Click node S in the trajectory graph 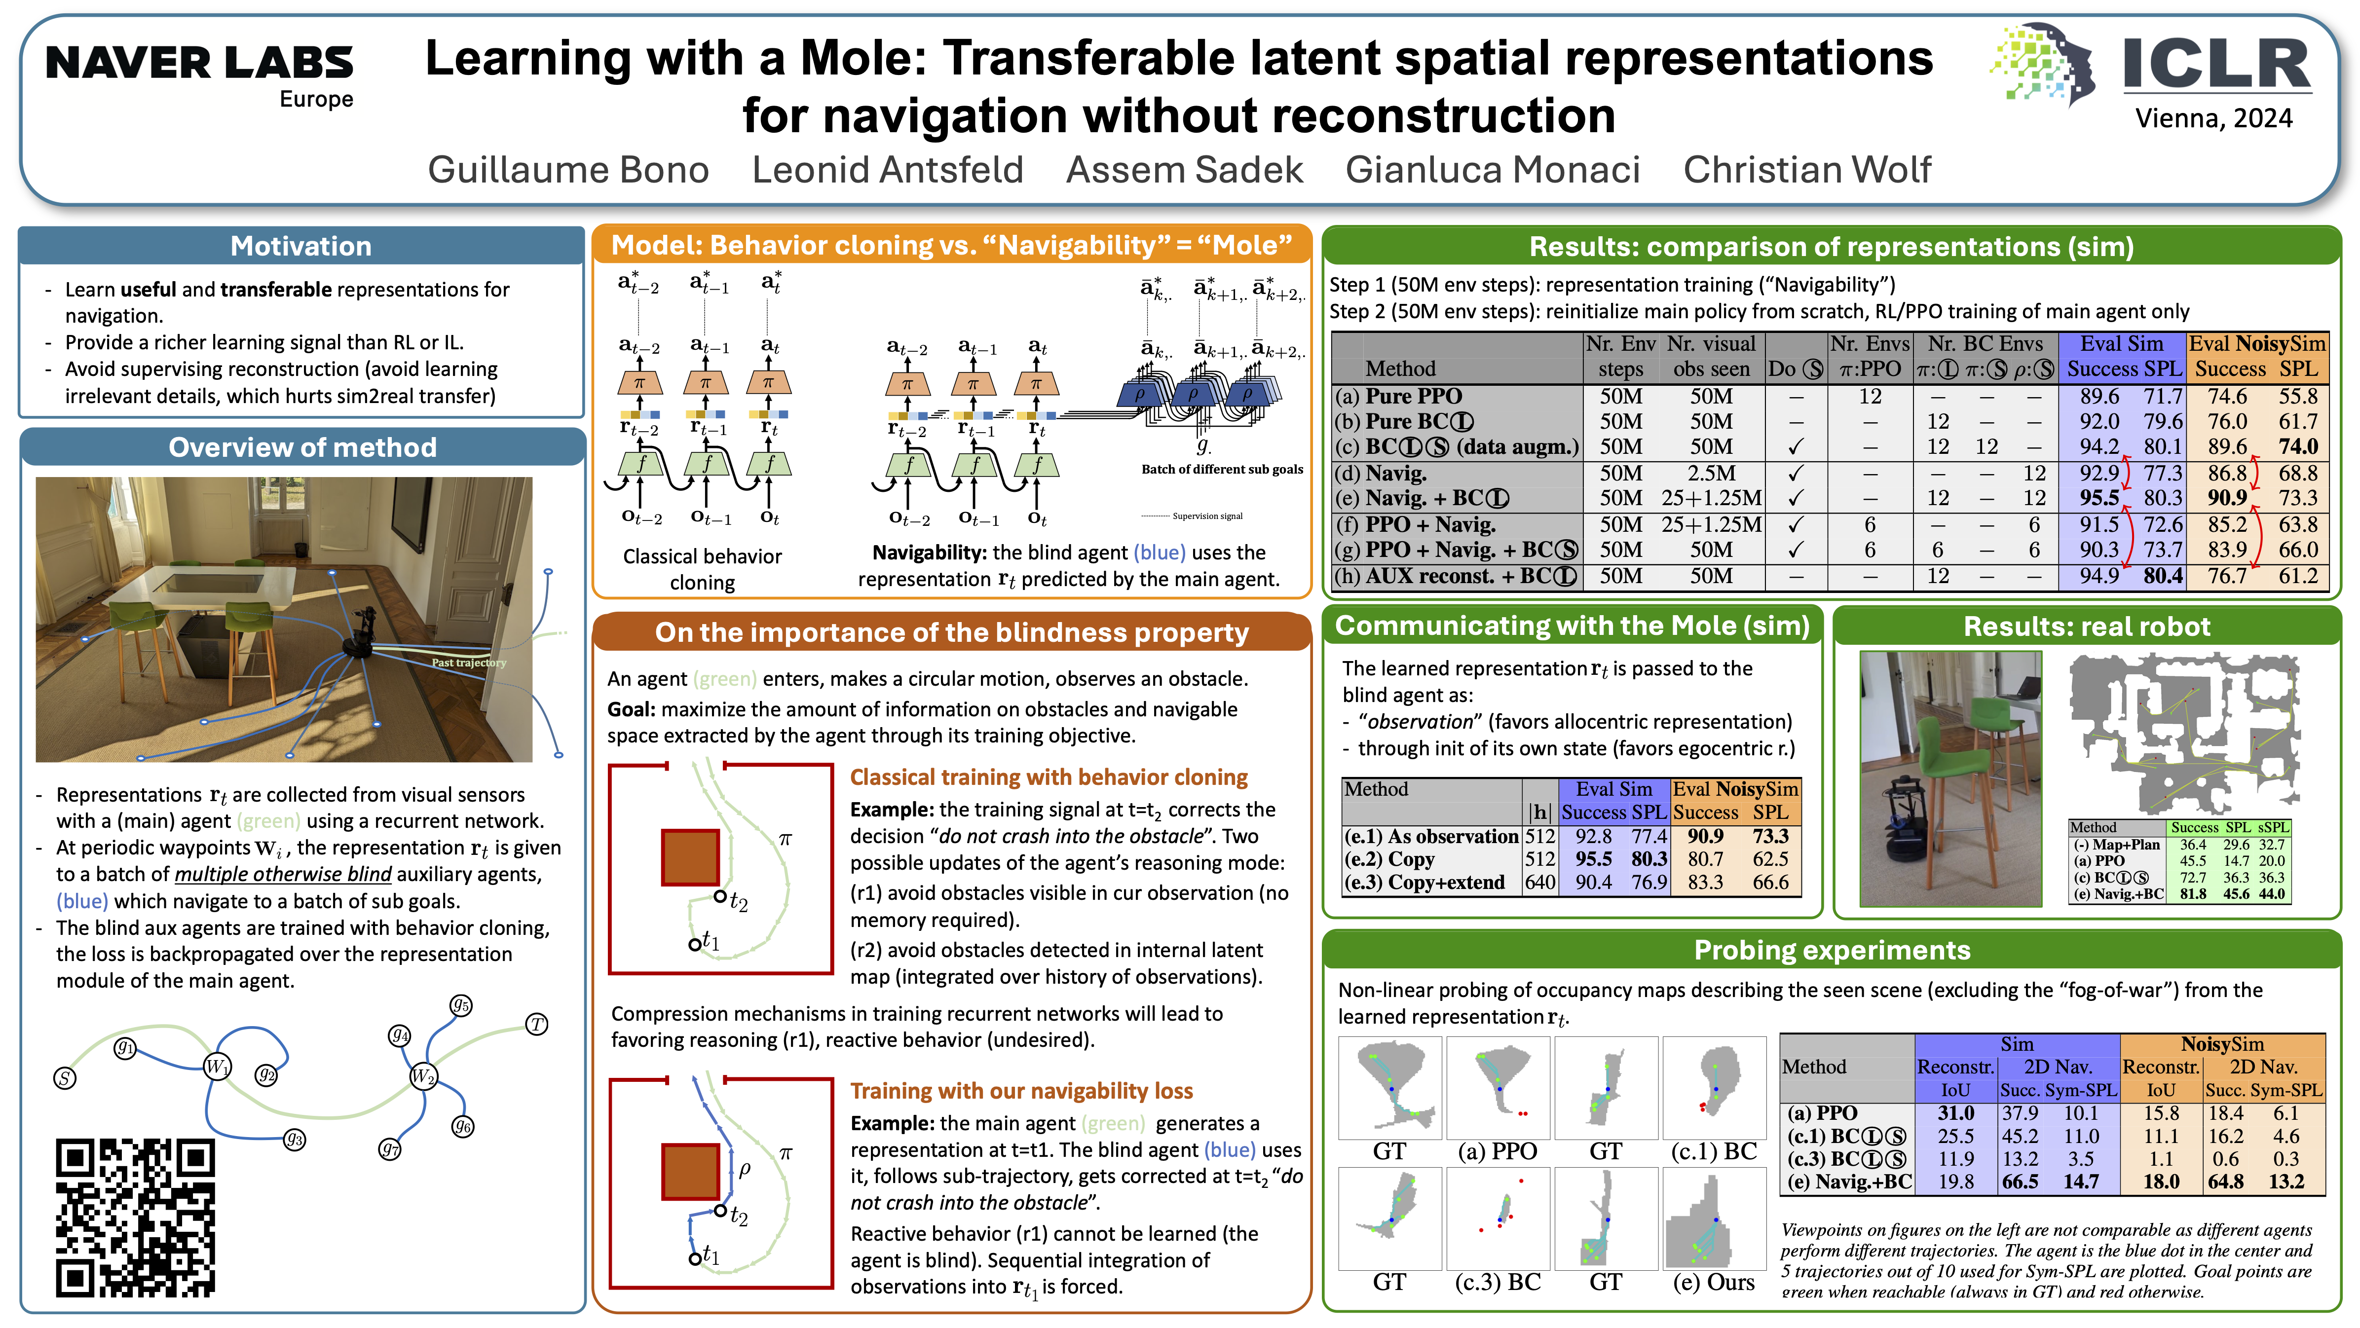click(x=64, y=1078)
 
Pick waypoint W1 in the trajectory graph click(x=217, y=1066)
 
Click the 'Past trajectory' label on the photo click(x=468, y=662)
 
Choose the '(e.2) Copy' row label click(x=1397, y=859)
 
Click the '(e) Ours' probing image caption click(x=1713, y=1282)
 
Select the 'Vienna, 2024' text click(x=2213, y=118)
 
